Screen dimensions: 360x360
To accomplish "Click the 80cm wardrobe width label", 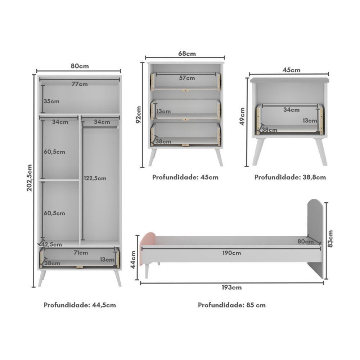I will (x=80, y=66).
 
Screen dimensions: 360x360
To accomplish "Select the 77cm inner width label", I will (x=80, y=84).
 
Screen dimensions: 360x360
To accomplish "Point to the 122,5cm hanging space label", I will (x=95, y=178).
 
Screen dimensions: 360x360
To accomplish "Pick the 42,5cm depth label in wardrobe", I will (x=51, y=245).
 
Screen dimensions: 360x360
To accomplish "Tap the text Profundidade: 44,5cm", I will (x=80, y=305).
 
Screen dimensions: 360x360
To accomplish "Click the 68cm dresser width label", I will (x=187, y=54).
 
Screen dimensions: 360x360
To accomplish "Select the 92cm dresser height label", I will (x=138, y=114).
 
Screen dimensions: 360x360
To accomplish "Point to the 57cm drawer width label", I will (x=187, y=78).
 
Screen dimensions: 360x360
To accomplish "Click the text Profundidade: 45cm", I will (x=185, y=177).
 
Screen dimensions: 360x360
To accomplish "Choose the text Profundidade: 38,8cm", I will (x=290, y=177).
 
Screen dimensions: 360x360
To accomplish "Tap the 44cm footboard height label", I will (x=133, y=260).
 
